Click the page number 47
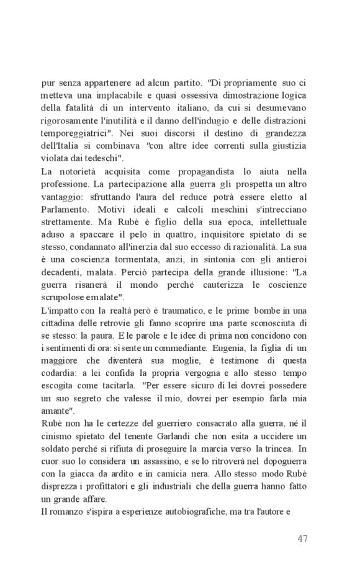click(x=302, y=538)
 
